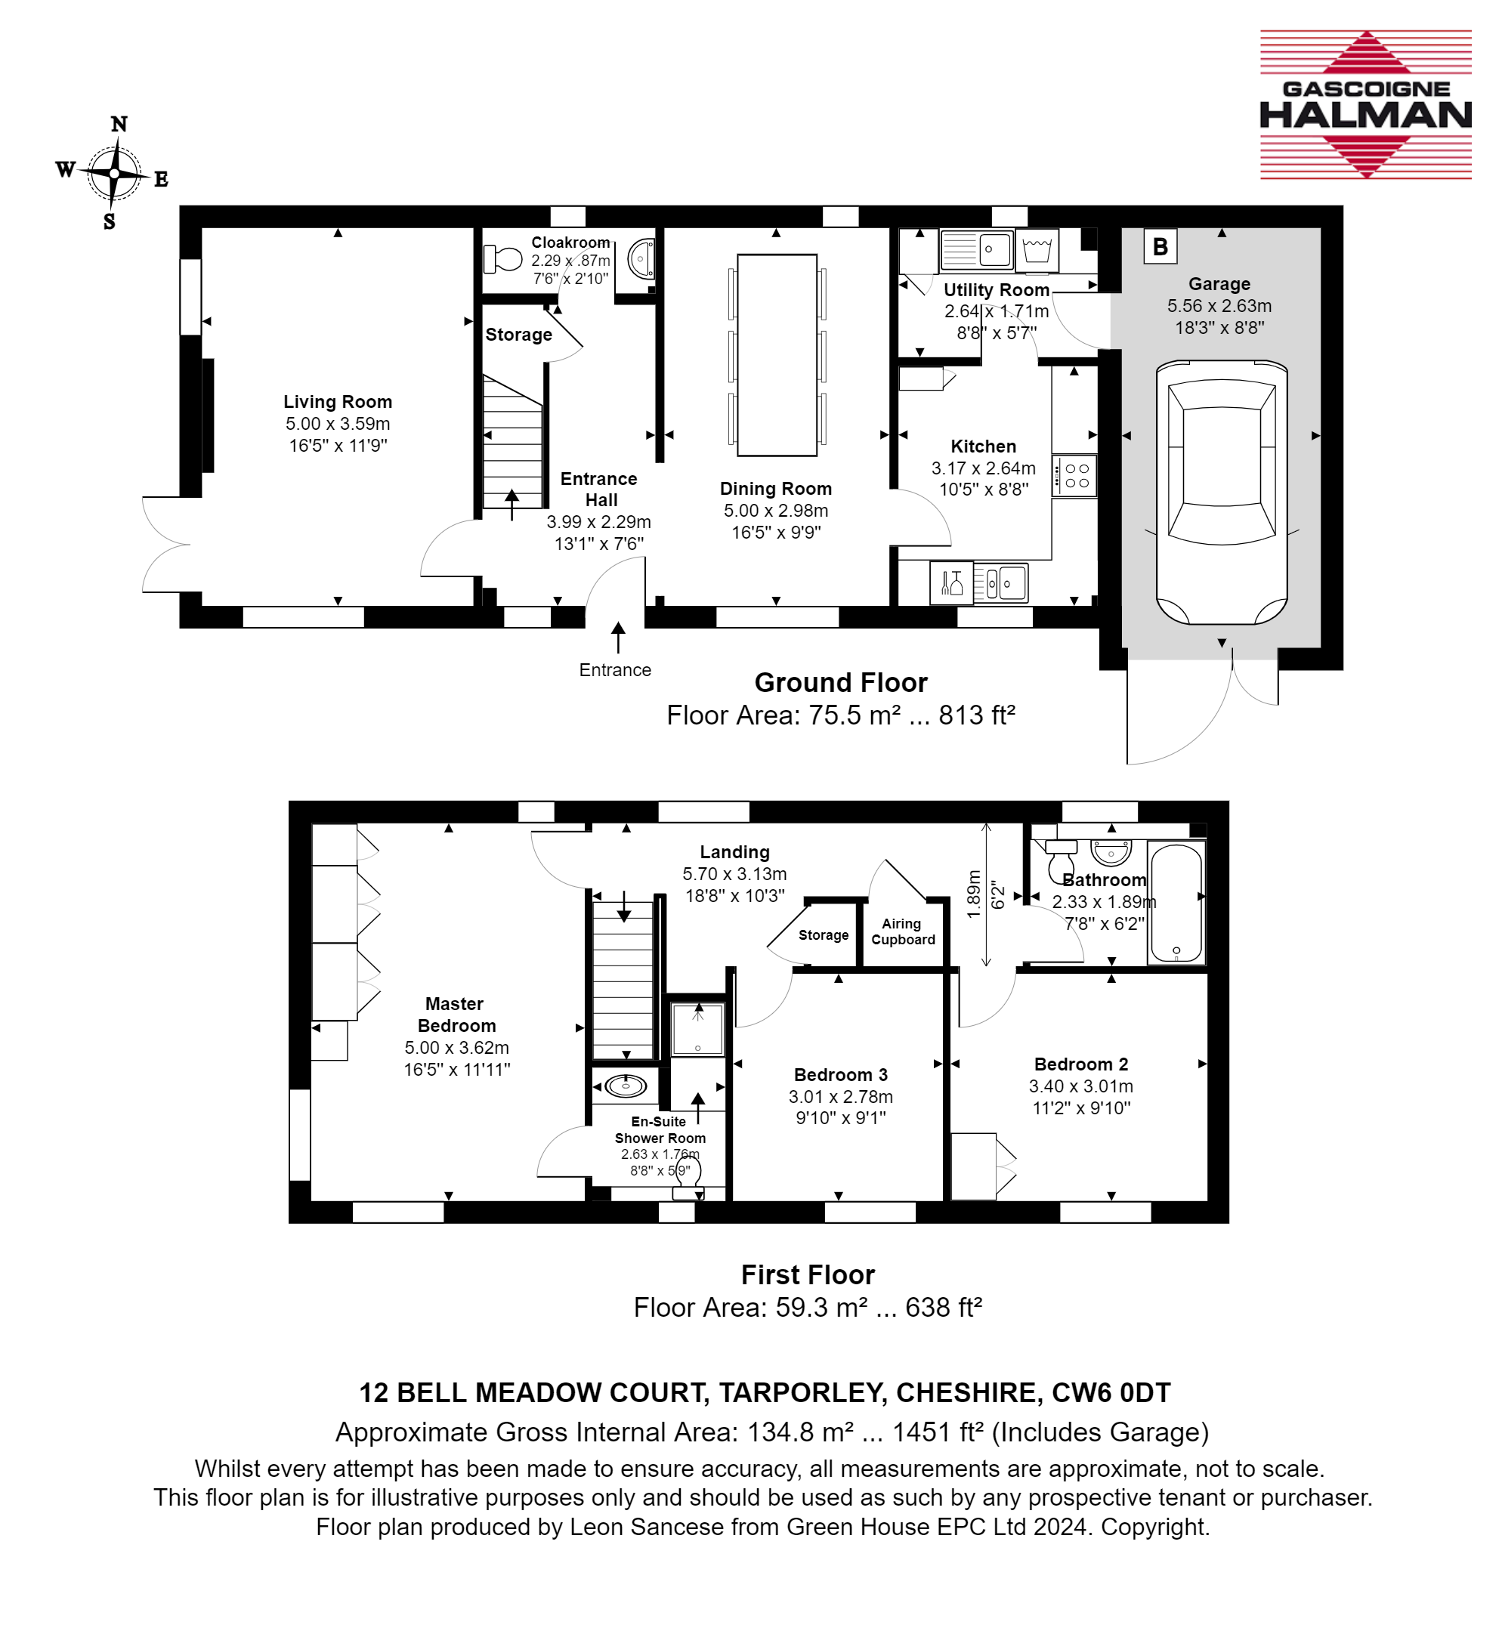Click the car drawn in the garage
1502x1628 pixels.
tap(1221, 493)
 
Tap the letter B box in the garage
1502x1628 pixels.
tap(1160, 246)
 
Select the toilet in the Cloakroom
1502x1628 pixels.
tap(502, 259)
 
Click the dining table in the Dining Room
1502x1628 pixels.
tap(777, 355)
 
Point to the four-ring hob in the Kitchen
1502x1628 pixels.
tap(1074, 476)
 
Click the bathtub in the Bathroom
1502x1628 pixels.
tap(1176, 904)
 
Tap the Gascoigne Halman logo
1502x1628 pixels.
tap(1365, 104)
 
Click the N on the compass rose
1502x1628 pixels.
tap(119, 125)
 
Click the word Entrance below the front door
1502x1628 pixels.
tap(615, 670)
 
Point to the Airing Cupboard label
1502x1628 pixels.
tap(903, 931)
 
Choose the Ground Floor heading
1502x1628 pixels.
tap(841, 682)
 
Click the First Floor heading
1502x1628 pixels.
tap(808, 1274)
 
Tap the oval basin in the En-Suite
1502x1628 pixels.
tap(625, 1085)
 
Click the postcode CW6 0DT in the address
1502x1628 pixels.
tap(1111, 1393)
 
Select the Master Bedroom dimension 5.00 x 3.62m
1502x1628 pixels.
tap(457, 1048)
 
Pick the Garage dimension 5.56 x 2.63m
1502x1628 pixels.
tap(1219, 306)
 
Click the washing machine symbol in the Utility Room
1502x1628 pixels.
tap(1037, 250)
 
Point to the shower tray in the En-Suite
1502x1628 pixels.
tap(697, 1029)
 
